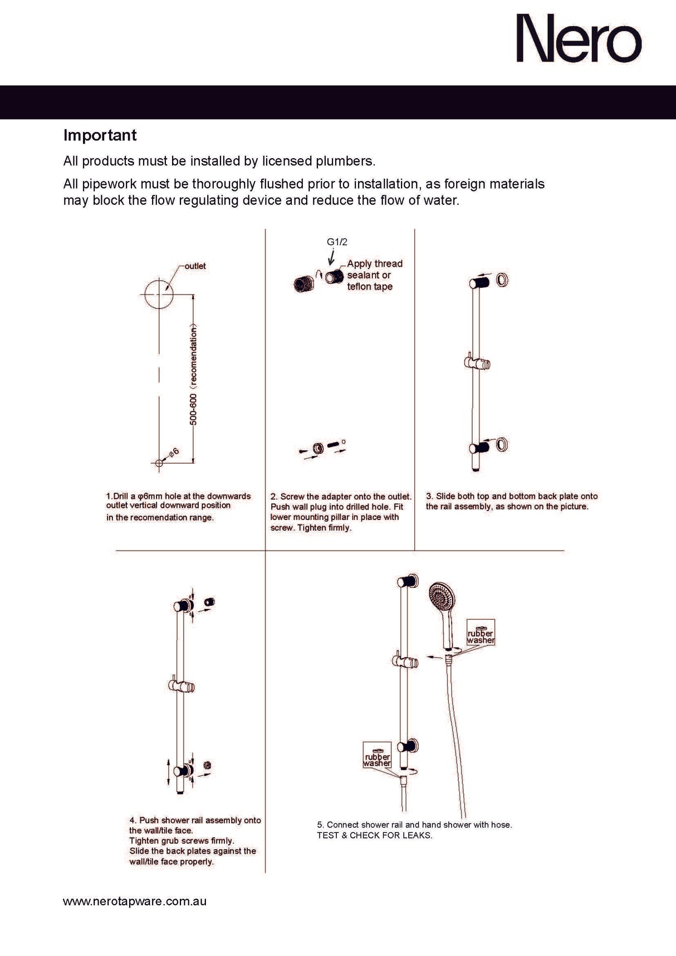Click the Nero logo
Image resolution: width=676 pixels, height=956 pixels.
[579, 39]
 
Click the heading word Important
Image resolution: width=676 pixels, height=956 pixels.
[100, 135]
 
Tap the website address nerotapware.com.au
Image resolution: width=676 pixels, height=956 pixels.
[134, 901]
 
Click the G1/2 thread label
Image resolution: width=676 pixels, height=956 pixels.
[337, 242]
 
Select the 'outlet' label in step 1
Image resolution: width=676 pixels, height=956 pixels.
[195, 266]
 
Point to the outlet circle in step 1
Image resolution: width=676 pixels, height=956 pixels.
[159, 293]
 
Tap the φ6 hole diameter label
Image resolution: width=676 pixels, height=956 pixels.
[173, 452]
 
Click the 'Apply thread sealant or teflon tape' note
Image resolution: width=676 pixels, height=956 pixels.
[374, 275]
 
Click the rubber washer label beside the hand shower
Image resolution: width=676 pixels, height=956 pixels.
[481, 636]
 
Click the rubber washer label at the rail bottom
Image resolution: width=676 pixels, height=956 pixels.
[377, 759]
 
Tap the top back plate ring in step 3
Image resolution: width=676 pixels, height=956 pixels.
[502, 280]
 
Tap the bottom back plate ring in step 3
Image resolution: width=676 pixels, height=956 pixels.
[502, 444]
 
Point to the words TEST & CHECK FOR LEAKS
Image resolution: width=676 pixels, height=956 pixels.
[374, 835]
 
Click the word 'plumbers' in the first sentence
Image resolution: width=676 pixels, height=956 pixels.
[345, 161]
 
